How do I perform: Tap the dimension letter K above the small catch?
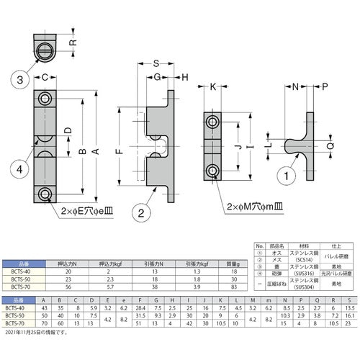[215, 88]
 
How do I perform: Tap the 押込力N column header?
[69, 264]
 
